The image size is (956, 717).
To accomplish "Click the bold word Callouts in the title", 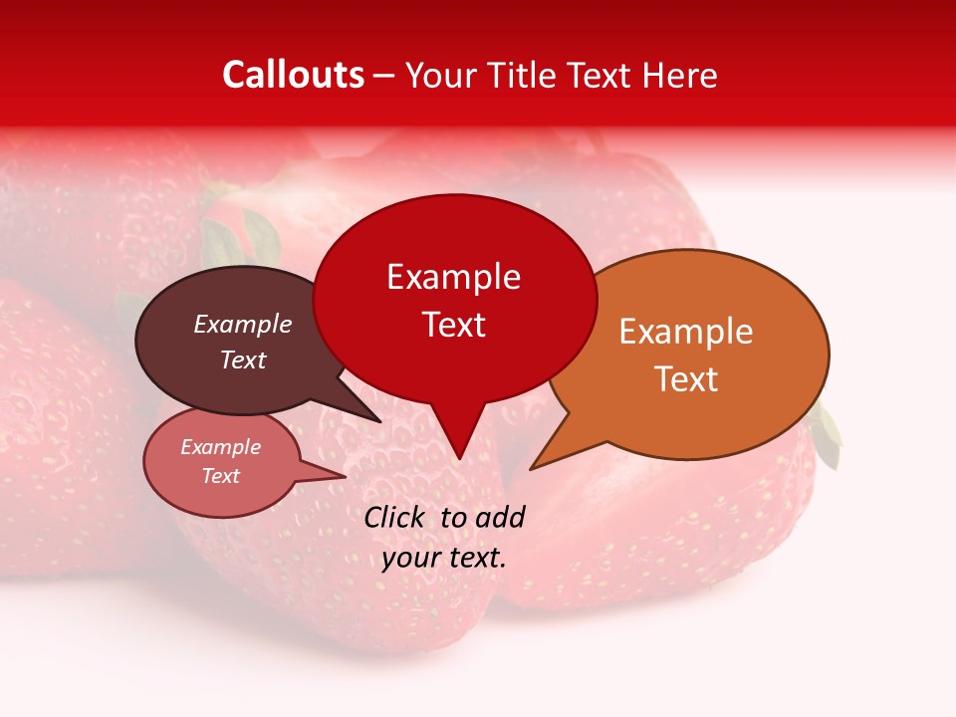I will point(293,75).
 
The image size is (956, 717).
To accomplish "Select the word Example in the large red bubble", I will point(453,277).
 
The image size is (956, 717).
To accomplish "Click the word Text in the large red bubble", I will point(453,324).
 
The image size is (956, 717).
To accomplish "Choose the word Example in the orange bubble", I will point(686,332).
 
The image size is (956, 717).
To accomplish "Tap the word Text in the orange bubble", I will point(686,378).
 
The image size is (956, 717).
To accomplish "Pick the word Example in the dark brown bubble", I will point(242,324).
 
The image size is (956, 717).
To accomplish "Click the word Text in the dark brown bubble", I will point(242,359).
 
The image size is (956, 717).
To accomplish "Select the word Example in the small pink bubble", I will point(220,447).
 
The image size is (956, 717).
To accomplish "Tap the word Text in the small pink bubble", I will point(220,476).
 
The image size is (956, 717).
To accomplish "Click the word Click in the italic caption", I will point(394,517).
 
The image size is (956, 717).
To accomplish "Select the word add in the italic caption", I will point(500,517).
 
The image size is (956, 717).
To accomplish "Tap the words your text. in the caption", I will point(443,558).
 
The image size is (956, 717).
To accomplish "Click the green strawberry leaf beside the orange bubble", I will point(827,436).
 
